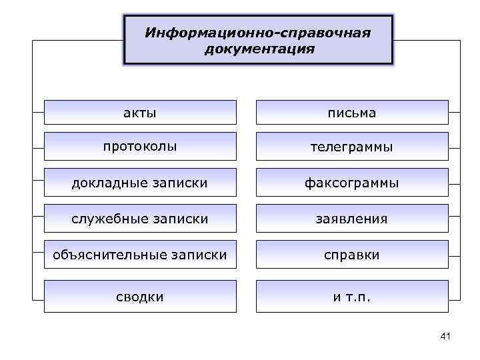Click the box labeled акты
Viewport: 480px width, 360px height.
(x=140, y=113)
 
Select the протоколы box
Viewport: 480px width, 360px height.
(x=140, y=147)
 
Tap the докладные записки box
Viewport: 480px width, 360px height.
(x=140, y=182)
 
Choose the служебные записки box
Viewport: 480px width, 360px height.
(x=140, y=218)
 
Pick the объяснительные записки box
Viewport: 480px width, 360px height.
(x=140, y=254)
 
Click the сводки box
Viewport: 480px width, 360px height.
(x=140, y=296)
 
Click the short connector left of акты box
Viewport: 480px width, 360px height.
(x=37, y=113)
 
